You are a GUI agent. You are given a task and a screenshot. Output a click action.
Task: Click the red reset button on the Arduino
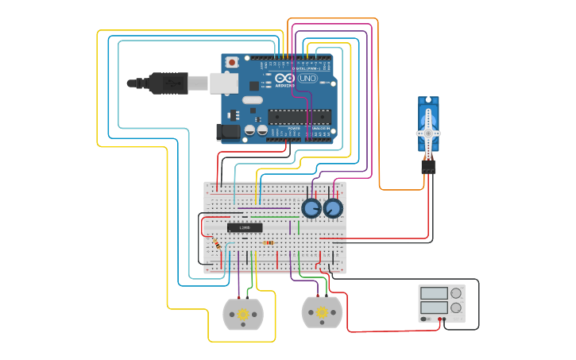click(232, 62)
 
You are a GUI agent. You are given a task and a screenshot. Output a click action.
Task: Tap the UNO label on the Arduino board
click(307, 78)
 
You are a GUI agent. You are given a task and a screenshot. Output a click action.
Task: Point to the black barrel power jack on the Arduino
click(228, 132)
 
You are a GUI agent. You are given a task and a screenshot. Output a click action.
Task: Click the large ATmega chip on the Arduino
click(299, 116)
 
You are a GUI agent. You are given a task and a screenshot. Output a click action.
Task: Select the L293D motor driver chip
click(245, 228)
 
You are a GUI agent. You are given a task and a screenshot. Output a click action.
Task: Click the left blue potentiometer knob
click(311, 209)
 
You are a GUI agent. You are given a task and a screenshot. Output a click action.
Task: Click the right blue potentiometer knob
click(333, 209)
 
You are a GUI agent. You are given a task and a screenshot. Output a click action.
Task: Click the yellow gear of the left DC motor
click(243, 315)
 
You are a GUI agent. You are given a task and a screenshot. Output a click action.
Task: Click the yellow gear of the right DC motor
click(322, 312)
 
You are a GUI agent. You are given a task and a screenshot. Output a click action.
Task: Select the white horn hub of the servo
click(428, 133)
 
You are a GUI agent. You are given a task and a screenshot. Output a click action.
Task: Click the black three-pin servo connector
click(428, 167)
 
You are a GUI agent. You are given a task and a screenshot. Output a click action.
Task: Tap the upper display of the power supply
click(434, 293)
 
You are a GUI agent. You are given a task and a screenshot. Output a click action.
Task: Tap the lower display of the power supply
click(434, 307)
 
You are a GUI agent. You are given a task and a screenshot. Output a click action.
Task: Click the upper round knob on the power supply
click(456, 293)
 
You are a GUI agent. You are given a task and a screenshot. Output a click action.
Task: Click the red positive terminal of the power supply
click(438, 319)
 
